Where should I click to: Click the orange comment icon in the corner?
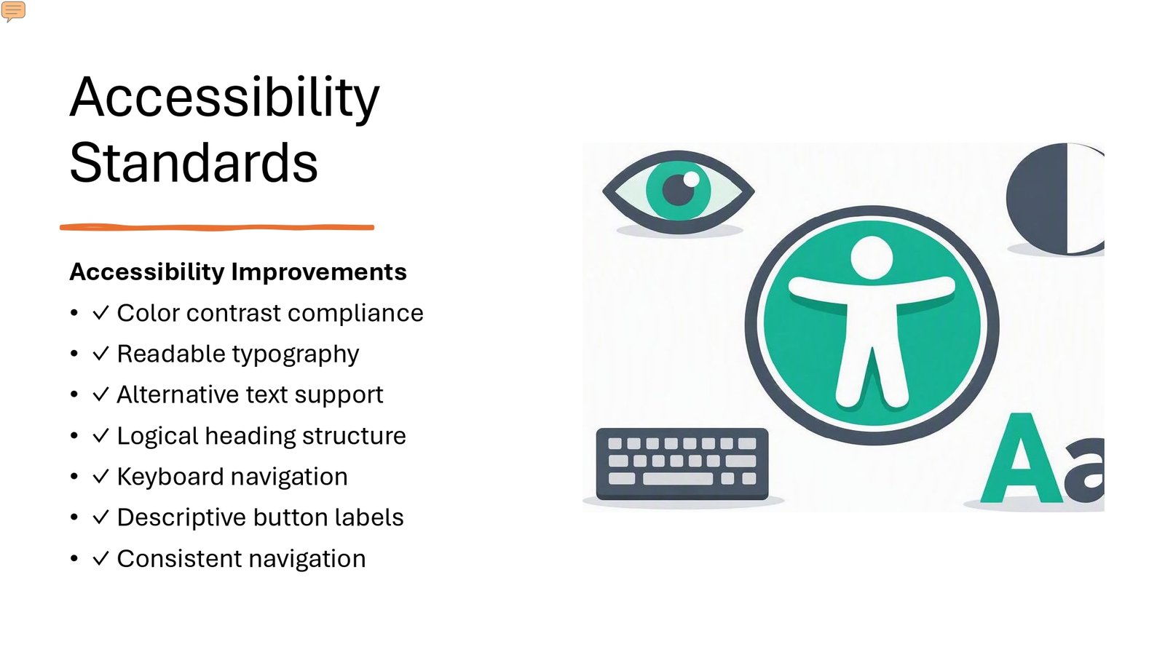click(13, 11)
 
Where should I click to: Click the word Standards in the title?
click(194, 163)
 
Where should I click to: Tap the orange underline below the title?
click(217, 227)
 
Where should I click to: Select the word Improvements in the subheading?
click(319, 272)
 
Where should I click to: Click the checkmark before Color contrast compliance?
click(100, 312)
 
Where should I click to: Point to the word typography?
click(296, 354)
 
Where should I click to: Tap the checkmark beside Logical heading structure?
click(100, 435)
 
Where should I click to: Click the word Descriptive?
click(181, 517)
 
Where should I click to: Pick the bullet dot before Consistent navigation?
click(74, 558)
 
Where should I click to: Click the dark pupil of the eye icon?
click(678, 190)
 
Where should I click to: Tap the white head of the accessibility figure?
click(872, 258)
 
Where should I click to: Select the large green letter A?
click(1022, 458)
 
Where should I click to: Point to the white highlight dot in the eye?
click(691, 179)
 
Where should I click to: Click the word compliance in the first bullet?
click(356, 314)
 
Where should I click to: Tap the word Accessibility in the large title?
click(225, 98)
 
